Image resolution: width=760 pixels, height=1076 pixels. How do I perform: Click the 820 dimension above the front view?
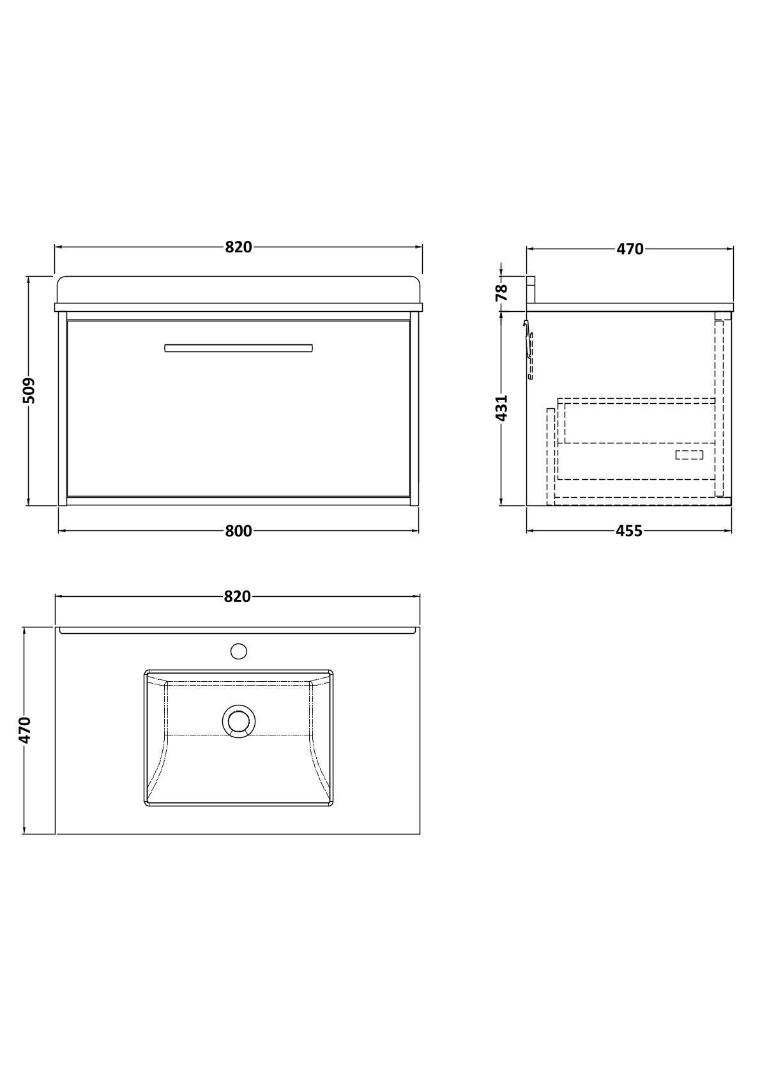tap(238, 247)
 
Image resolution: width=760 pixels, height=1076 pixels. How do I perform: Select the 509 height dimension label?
tap(29, 390)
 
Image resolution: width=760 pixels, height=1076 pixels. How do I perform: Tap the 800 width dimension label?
tap(238, 531)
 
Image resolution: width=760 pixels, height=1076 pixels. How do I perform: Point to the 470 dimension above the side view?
tap(630, 249)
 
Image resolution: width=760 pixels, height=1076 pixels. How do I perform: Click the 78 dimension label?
tap(502, 291)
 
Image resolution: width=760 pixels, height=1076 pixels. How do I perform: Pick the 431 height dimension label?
tap(502, 408)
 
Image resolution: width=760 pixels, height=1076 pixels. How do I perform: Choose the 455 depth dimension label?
tap(629, 531)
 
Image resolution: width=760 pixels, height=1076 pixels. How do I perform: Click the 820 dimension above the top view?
tap(237, 597)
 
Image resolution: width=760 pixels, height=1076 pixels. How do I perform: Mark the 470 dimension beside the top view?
tap(24, 730)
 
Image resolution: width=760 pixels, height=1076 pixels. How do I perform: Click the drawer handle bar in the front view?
tap(238, 348)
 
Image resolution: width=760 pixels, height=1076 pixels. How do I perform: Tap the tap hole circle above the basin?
tap(238, 651)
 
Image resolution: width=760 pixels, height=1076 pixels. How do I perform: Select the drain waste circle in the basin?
tap(238, 721)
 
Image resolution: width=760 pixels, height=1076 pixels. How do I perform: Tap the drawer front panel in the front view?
tap(238, 422)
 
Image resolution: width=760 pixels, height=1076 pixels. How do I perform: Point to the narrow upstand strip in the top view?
tap(238, 631)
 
